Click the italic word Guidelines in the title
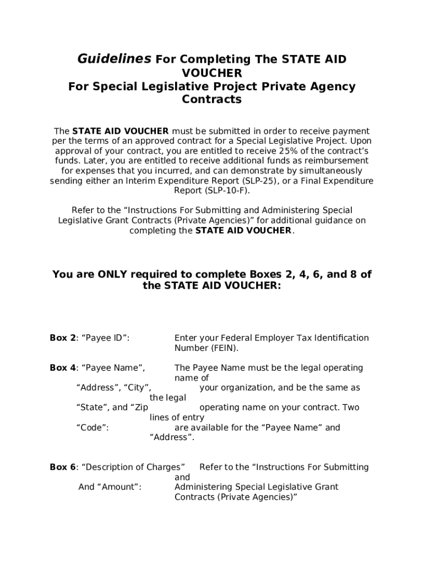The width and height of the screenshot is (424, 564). point(113,59)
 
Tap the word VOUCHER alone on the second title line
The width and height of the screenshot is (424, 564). point(211,73)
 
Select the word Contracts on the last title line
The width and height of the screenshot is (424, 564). point(211,100)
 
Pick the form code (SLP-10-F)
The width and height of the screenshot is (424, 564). point(227,191)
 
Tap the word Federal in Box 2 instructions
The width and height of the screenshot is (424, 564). point(235,338)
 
